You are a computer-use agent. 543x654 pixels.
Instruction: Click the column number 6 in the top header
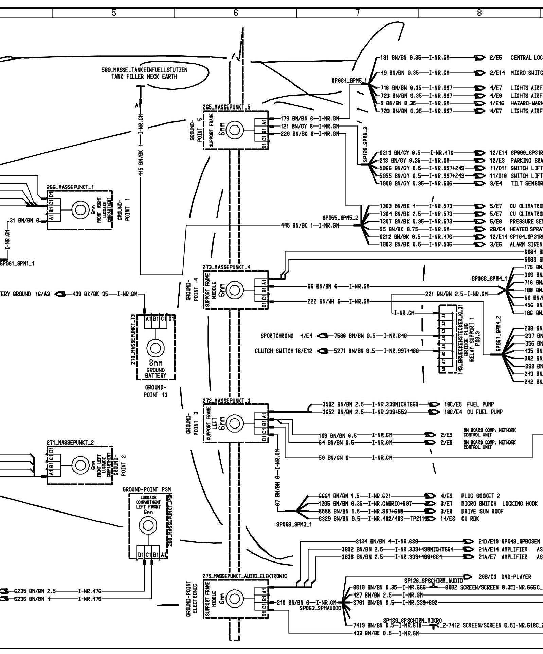(x=235, y=13)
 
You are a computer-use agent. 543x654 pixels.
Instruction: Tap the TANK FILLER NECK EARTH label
(x=144, y=77)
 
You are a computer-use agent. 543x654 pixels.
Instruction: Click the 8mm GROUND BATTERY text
(x=156, y=369)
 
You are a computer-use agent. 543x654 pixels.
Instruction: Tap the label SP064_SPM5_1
(x=349, y=81)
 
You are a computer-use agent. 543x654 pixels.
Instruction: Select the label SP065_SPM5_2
(x=340, y=217)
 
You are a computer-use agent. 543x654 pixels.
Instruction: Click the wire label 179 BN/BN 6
(x=294, y=119)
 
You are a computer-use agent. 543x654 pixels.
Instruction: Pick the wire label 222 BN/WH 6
(x=322, y=301)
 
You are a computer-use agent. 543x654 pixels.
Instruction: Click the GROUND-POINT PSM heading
(x=147, y=490)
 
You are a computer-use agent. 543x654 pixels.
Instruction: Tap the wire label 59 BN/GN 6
(x=333, y=458)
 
